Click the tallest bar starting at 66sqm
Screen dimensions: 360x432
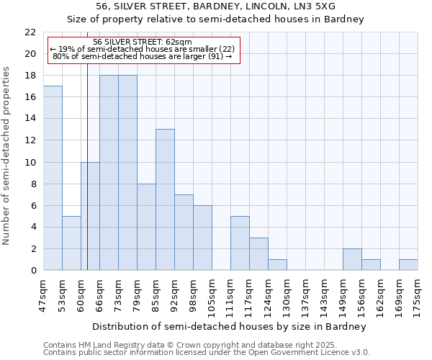[109, 173]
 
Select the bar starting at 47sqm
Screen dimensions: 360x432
[53, 178]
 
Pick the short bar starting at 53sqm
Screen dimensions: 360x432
[71, 243]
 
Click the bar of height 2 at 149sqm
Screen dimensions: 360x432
[352, 259]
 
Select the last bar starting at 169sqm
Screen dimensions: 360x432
[408, 264]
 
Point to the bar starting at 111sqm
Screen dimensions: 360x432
[240, 243]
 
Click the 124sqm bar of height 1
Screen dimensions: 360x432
[277, 264]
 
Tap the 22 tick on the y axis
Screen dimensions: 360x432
[30, 32]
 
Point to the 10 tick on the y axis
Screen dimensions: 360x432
[30, 162]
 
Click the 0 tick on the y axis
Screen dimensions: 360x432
[33, 271]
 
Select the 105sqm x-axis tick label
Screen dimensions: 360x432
[212, 294]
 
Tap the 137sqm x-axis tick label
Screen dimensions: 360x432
[306, 294]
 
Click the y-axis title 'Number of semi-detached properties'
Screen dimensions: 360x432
[7, 156]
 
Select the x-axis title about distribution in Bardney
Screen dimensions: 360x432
[230, 326]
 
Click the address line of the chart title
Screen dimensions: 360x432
[215, 6]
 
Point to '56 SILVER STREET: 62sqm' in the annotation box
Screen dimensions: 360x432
[142, 42]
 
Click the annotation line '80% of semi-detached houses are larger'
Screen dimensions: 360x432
[142, 56]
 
